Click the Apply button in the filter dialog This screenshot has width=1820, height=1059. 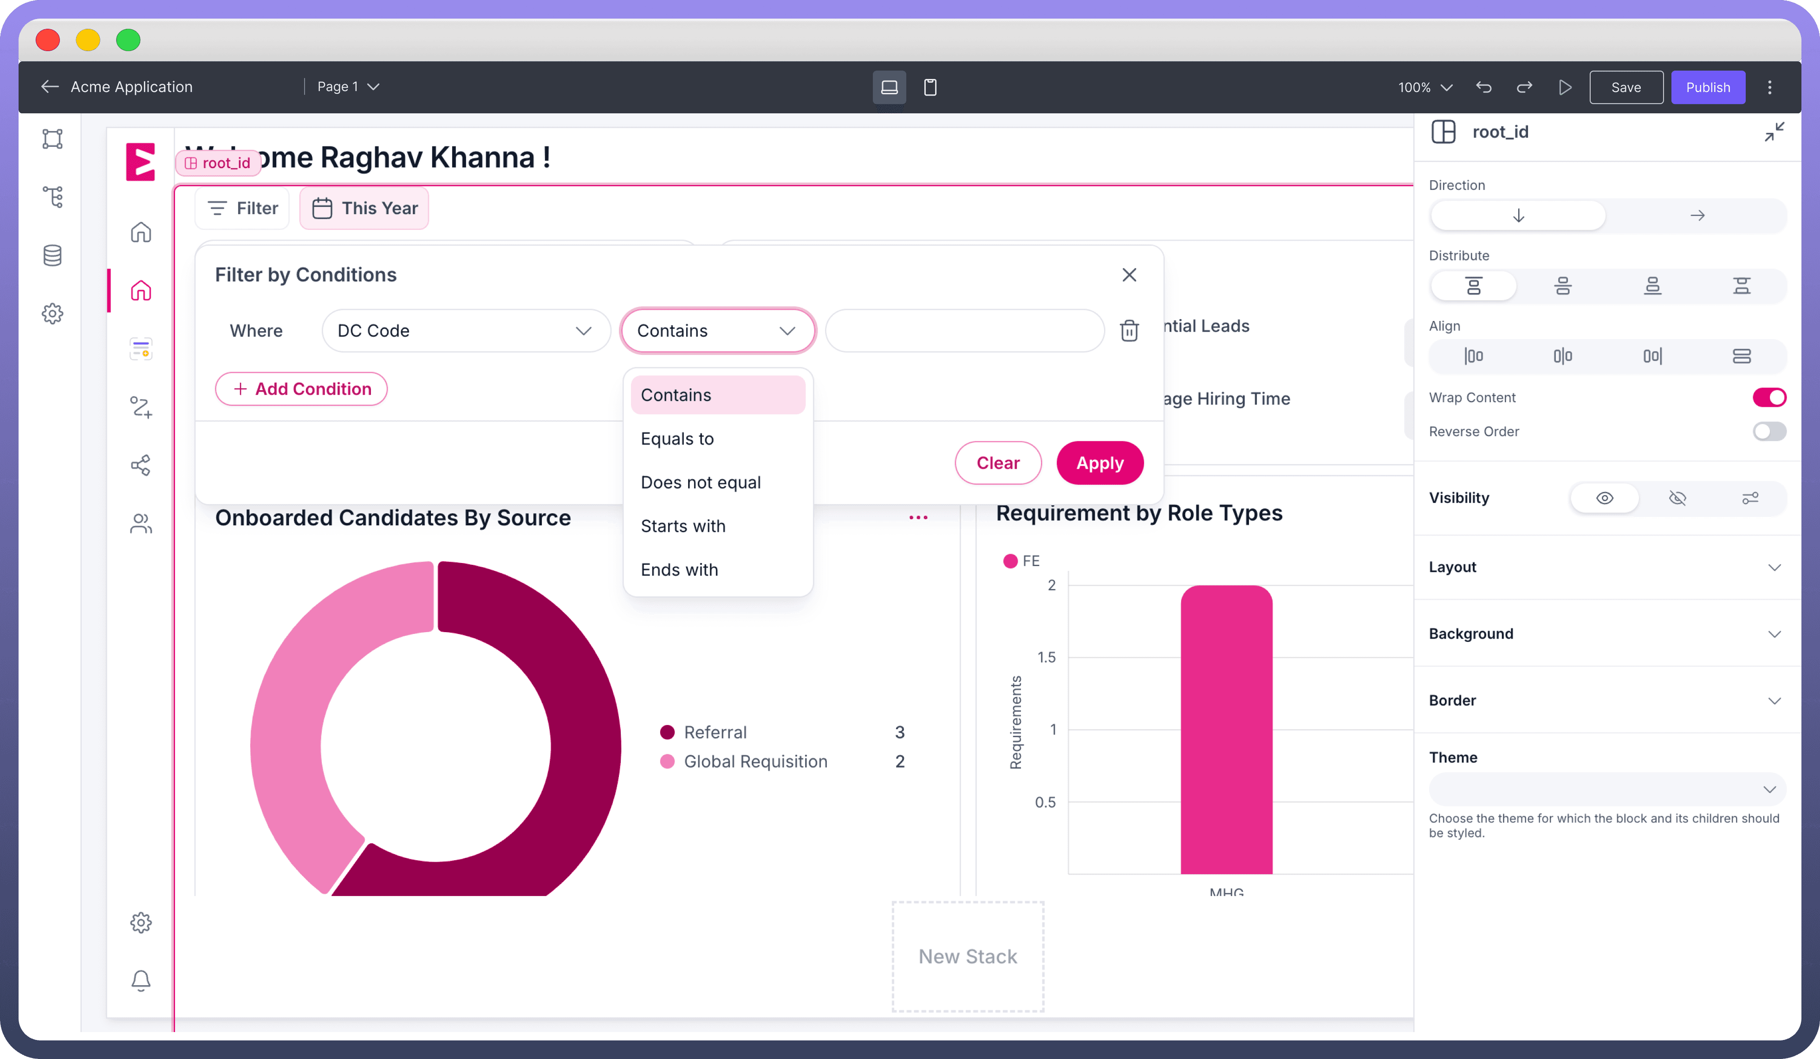tap(1099, 463)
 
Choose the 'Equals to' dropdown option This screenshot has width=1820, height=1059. tap(677, 438)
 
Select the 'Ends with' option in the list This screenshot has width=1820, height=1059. tap(679, 569)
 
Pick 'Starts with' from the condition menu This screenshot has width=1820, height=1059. tap(682, 526)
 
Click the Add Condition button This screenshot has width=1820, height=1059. tap(301, 389)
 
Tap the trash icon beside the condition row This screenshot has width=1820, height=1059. tap(1129, 331)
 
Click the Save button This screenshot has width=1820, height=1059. tap(1626, 87)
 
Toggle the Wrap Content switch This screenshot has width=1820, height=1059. tap(1769, 397)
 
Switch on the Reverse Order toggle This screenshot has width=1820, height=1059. tap(1769, 431)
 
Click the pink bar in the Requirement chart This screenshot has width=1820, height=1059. tap(1226, 730)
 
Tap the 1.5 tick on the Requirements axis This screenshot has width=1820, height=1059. tap(1046, 657)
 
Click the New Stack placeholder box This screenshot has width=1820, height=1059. tap(967, 956)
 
